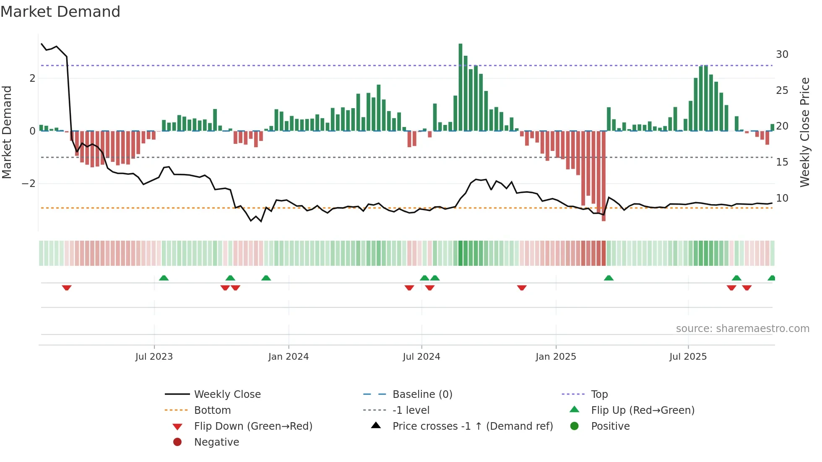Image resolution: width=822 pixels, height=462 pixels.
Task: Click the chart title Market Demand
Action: pyautogui.click(x=60, y=12)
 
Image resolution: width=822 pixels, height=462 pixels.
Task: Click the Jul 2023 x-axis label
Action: pyautogui.click(x=154, y=357)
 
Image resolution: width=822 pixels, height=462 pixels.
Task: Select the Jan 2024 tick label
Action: pyautogui.click(x=289, y=357)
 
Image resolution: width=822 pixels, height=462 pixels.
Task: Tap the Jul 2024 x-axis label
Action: pyautogui.click(x=421, y=357)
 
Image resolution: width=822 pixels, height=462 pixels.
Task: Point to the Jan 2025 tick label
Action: pyautogui.click(x=556, y=357)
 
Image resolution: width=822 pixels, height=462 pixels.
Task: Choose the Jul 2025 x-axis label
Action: pyautogui.click(x=688, y=357)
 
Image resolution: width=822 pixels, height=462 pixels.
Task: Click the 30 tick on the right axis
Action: pyautogui.click(x=782, y=55)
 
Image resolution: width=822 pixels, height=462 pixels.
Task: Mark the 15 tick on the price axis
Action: pyautogui.click(x=782, y=162)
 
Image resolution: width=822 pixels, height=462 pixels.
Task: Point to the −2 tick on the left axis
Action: pyautogui.click(x=29, y=184)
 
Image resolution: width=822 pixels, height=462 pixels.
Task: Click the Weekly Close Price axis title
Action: pyautogui.click(x=804, y=132)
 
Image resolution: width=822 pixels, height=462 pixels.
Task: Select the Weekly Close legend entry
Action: pyautogui.click(x=227, y=395)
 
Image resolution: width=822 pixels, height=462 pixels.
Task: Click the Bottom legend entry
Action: pyautogui.click(x=212, y=410)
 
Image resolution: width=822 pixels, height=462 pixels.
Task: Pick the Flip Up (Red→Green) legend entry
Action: pyautogui.click(x=643, y=410)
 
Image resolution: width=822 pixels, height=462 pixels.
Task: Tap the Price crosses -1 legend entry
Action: pyautogui.click(x=472, y=426)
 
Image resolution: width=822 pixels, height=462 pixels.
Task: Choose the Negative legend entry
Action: pyautogui.click(x=216, y=442)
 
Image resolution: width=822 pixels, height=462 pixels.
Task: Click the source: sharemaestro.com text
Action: pyautogui.click(x=742, y=329)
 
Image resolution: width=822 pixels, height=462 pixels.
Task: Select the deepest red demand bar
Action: pyautogui.click(x=603, y=176)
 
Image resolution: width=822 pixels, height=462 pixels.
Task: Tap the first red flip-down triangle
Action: pyautogui.click(x=67, y=288)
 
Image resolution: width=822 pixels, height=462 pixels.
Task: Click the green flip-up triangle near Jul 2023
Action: pyautogui.click(x=164, y=278)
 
